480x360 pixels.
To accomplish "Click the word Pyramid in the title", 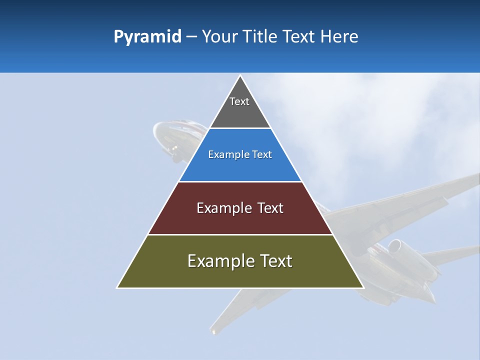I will point(147,37).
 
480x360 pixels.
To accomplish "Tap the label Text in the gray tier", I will point(239,101).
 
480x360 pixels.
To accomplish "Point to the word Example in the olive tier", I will point(218,261).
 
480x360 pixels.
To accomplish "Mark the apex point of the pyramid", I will point(240,75).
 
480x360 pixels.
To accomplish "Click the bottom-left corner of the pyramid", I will point(117,287).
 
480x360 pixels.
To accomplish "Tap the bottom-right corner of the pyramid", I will point(363,287).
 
